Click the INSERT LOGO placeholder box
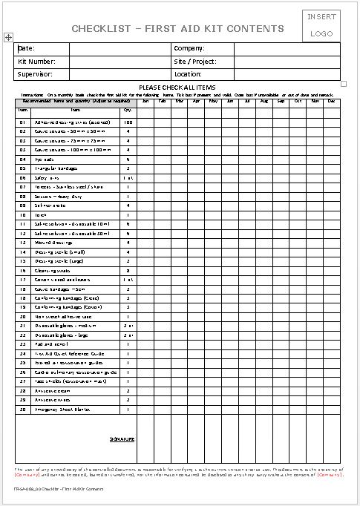[x=321, y=24]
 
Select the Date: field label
[x=27, y=48]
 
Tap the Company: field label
[x=189, y=48]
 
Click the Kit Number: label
[x=36, y=62]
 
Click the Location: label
[x=188, y=74]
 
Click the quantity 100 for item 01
[x=128, y=122]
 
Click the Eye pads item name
[x=45, y=160]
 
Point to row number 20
[x=23, y=316]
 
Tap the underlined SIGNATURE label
[x=122, y=439]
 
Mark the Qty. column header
[x=128, y=109]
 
